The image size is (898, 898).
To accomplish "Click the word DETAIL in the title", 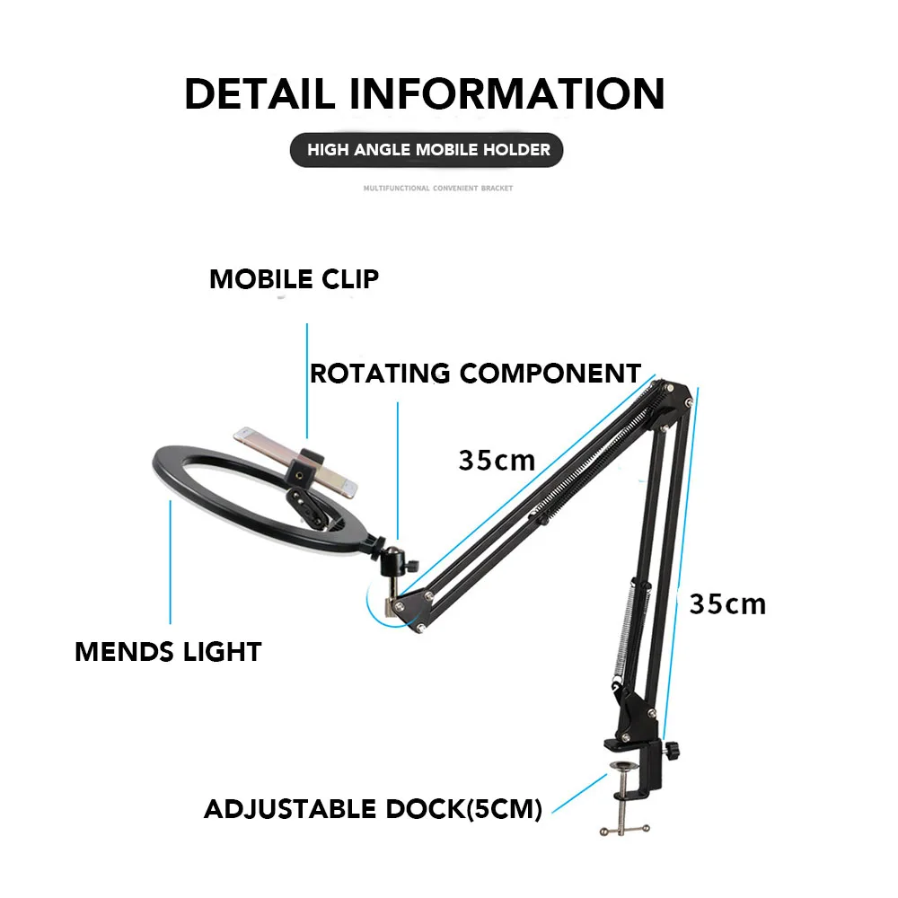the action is [260, 94].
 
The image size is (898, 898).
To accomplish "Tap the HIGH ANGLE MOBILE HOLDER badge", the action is [428, 149].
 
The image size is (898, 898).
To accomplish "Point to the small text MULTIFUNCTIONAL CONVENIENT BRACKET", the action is [438, 189].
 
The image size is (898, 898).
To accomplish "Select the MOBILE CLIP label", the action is [294, 279].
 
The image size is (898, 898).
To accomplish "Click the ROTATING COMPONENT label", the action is [475, 373].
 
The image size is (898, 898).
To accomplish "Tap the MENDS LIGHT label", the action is [168, 651].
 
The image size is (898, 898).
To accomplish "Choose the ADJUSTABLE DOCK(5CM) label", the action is [373, 809].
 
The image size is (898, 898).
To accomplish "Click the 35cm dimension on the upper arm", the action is [497, 460].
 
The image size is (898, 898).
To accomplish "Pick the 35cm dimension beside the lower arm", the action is [727, 603].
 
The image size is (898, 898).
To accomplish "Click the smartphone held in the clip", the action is [296, 461].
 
